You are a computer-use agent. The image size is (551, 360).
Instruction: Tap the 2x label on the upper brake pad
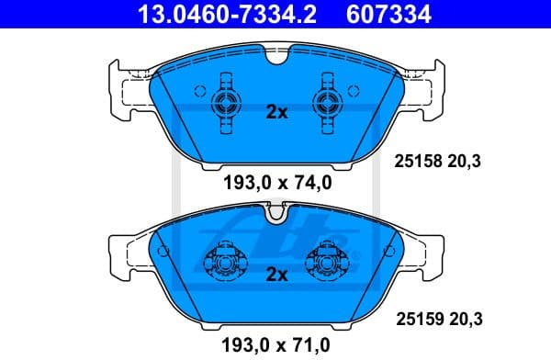tap(276, 113)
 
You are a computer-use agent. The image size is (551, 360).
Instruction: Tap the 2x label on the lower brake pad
tap(276, 275)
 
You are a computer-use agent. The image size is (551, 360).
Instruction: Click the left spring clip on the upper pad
tap(224, 103)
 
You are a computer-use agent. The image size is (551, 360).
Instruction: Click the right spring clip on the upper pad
tap(328, 103)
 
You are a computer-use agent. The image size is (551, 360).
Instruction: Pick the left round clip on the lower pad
tap(224, 264)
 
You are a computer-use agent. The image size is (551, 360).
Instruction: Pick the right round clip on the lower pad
tap(328, 264)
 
